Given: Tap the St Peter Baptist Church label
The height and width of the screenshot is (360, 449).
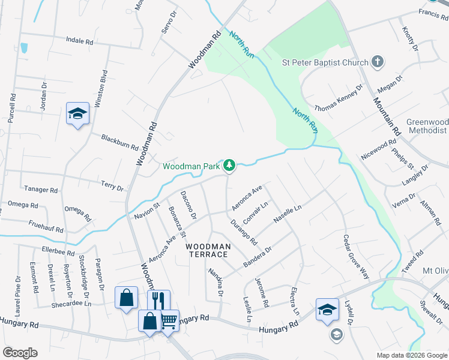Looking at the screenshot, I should [325, 62].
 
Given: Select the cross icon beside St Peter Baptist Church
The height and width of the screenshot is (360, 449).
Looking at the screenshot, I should [378, 61].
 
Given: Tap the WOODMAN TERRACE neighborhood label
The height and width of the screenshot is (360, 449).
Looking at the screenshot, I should [208, 251].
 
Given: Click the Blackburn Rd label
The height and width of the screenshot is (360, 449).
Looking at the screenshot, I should [119, 142].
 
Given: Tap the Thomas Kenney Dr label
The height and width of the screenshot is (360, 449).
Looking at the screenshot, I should [339, 98].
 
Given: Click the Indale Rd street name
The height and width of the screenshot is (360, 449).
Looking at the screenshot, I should [80, 42].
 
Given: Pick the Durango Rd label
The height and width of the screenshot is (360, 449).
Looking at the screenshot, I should [244, 233].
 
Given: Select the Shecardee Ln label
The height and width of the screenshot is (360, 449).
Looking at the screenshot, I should [71, 304].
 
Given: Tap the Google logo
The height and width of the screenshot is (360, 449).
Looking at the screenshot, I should [20, 353].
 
